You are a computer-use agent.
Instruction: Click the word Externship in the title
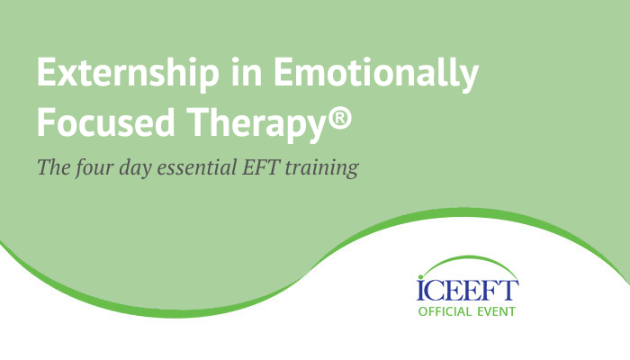128,74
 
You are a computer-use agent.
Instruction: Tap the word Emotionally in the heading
376,74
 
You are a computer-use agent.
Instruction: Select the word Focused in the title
106,121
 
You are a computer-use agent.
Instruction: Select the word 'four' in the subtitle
94,168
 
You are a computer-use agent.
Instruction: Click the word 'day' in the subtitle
135,168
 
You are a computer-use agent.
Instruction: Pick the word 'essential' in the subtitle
196,166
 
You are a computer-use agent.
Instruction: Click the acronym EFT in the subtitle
261,166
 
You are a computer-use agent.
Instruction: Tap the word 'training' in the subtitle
322,168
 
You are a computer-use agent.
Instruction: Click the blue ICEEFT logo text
467,291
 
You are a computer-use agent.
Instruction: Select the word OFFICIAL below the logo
445,311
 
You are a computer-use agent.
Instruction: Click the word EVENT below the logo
496,311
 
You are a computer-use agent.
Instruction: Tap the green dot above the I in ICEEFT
420,277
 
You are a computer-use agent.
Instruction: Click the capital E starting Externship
48,72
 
